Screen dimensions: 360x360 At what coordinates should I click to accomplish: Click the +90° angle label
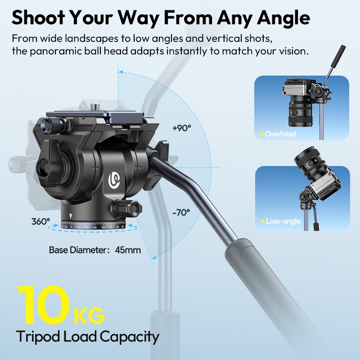pos(182,128)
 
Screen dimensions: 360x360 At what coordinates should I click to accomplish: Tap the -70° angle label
pos(181,212)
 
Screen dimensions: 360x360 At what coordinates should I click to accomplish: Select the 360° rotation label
pos(40,221)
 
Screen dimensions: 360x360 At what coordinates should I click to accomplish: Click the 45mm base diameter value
pos(128,250)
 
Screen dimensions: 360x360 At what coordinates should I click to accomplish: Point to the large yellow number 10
pos(44,305)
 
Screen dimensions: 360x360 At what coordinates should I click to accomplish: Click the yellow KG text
pos(89,316)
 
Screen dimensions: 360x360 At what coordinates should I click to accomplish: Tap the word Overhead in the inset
pos(280,134)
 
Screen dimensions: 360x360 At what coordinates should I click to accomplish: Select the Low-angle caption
pos(283,221)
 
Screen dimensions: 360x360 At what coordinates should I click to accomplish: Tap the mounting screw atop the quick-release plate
pos(94,107)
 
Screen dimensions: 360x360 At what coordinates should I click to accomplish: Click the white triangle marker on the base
pos(71,216)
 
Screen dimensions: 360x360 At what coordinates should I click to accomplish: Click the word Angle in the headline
pos(283,18)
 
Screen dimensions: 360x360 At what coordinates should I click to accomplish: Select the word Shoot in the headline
pos(38,18)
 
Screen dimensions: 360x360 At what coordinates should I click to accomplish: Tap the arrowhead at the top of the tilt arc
pos(121,72)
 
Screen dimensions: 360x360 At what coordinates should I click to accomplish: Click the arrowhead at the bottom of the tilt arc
pos(154,257)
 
